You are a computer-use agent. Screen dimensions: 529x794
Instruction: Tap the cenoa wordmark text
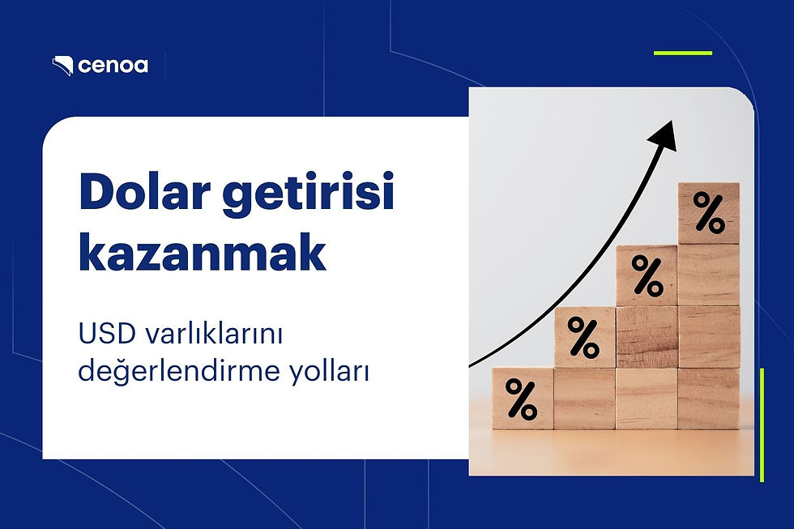pos(113,66)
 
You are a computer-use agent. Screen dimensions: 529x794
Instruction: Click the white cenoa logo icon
pos(63,66)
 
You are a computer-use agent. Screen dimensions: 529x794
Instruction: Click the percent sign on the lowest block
pos(523,398)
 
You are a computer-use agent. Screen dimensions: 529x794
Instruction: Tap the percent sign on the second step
pos(584,337)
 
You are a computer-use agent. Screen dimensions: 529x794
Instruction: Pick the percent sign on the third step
pos(647,275)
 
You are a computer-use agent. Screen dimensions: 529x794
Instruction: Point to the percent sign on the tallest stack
pos(708,213)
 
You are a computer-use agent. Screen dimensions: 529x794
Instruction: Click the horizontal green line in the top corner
pos(682,53)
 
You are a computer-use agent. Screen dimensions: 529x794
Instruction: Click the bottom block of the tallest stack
pos(708,399)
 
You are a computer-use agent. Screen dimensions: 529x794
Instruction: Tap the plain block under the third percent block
pos(647,336)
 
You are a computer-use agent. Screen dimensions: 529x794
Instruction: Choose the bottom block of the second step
pos(584,399)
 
